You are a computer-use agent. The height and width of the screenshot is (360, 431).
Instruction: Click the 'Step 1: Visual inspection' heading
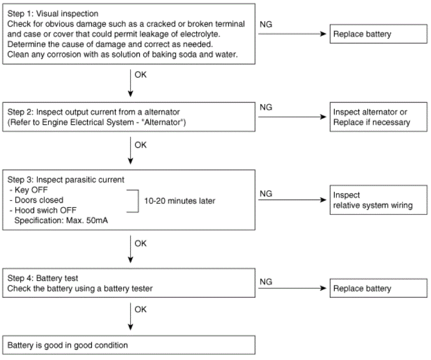point(53,14)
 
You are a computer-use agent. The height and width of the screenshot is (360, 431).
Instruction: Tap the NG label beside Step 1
point(266,24)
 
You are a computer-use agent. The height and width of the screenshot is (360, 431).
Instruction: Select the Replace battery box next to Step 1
point(378,34)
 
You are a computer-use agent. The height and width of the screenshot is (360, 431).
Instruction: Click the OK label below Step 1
point(140,75)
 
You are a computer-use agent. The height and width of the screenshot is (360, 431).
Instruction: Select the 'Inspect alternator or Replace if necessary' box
point(378,117)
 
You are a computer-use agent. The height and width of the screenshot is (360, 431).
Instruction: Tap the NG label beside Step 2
point(266,107)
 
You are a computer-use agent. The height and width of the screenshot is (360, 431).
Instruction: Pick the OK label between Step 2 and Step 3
point(140,145)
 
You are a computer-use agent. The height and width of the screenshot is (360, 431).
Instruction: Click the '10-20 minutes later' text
point(179,201)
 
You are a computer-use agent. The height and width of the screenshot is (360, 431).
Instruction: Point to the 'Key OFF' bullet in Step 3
point(28,190)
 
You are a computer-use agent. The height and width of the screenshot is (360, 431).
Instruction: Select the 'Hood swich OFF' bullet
point(43,210)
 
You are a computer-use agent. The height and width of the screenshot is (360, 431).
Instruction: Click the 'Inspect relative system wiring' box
point(378,200)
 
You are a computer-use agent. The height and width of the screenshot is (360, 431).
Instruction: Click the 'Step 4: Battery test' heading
point(42,278)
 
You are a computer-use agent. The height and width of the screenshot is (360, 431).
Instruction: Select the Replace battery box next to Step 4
point(378,288)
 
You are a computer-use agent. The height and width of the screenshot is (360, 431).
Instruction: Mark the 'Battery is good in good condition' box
point(129,345)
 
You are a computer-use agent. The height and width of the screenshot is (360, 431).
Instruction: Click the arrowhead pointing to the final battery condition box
point(130,327)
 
